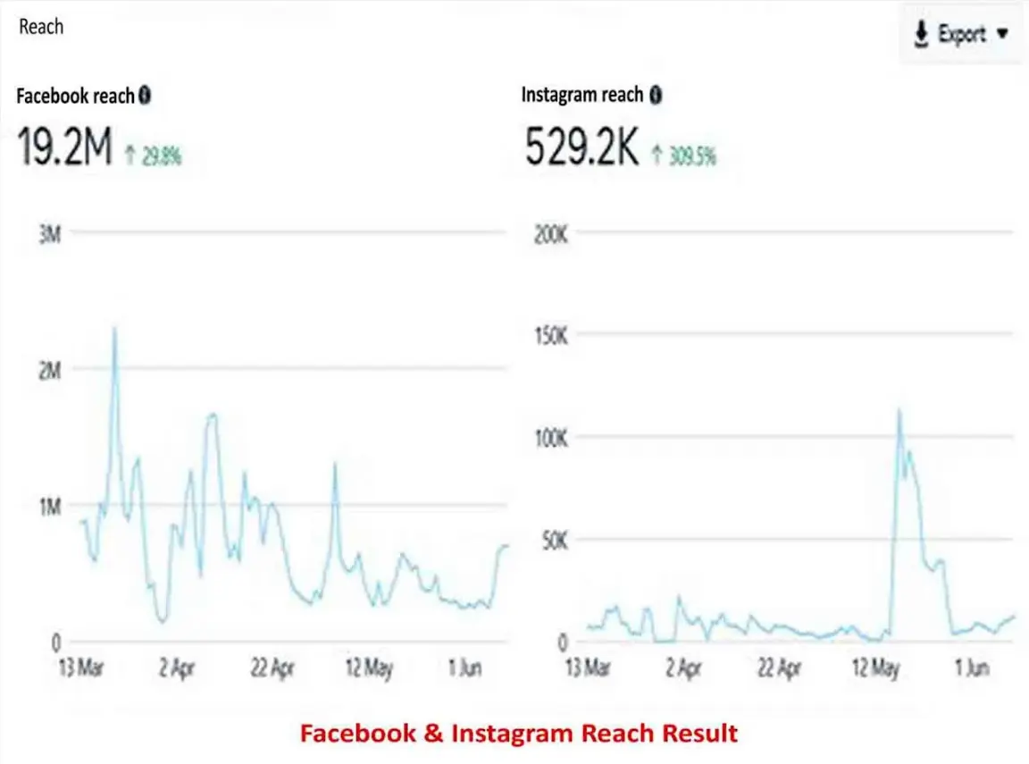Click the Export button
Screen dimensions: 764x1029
click(x=960, y=36)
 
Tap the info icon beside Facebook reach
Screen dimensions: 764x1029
click(x=145, y=95)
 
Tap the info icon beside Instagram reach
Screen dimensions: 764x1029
click(x=656, y=95)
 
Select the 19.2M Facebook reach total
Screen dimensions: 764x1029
click(x=65, y=149)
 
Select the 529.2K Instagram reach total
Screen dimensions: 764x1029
click(x=581, y=149)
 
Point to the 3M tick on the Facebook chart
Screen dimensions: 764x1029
click(x=50, y=234)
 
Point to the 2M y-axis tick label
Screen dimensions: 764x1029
click(x=50, y=369)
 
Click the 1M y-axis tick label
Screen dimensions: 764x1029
click(x=50, y=507)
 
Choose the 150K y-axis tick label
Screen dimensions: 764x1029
click(x=550, y=337)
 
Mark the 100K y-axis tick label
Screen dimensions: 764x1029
click(x=550, y=439)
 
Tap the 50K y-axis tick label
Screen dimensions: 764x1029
click(x=554, y=541)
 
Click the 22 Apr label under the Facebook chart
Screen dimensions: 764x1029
click(x=272, y=668)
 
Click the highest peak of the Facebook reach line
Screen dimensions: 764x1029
click(x=114, y=330)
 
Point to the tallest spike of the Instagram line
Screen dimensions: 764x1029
click(x=899, y=411)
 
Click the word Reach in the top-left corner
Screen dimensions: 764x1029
click(x=41, y=26)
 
